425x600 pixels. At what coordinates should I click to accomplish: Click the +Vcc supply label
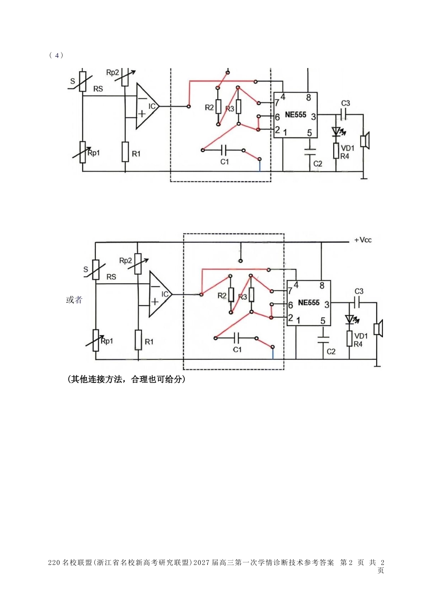pyautogui.click(x=363, y=240)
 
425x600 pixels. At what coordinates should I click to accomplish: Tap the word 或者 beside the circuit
pyautogui.click(x=74, y=300)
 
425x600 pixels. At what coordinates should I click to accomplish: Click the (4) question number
pyautogui.click(x=56, y=55)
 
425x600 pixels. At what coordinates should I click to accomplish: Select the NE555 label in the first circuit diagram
pyautogui.click(x=296, y=115)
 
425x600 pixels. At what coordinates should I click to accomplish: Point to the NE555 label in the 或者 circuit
pyautogui.click(x=309, y=302)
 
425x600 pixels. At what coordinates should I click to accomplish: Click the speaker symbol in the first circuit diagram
pyautogui.click(x=365, y=140)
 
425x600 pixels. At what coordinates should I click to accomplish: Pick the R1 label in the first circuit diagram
pyautogui.click(x=136, y=154)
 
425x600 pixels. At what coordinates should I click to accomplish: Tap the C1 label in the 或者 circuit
pyautogui.click(x=237, y=349)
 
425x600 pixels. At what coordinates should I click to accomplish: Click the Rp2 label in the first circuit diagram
pyautogui.click(x=112, y=72)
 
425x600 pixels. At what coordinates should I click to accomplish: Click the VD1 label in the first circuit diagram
pyautogui.click(x=347, y=148)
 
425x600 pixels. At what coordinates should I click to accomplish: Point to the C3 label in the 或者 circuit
pyautogui.click(x=359, y=291)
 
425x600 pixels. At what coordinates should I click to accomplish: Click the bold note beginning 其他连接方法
pyautogui.click(x=126, y=379)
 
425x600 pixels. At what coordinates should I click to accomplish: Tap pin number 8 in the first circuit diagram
pyautogui.click(x=309, y=98)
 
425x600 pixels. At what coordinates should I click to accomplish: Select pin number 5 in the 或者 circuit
pyautogui.click(x=323, y=321)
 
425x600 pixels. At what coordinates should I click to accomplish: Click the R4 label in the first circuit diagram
pyautogui.click(x=344, y=156)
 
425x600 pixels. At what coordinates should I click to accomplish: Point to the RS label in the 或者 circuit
pyautogui.click(x=111, y=277)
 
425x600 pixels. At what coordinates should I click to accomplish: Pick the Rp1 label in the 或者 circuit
pyautogui.click(x=107, y=341)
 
